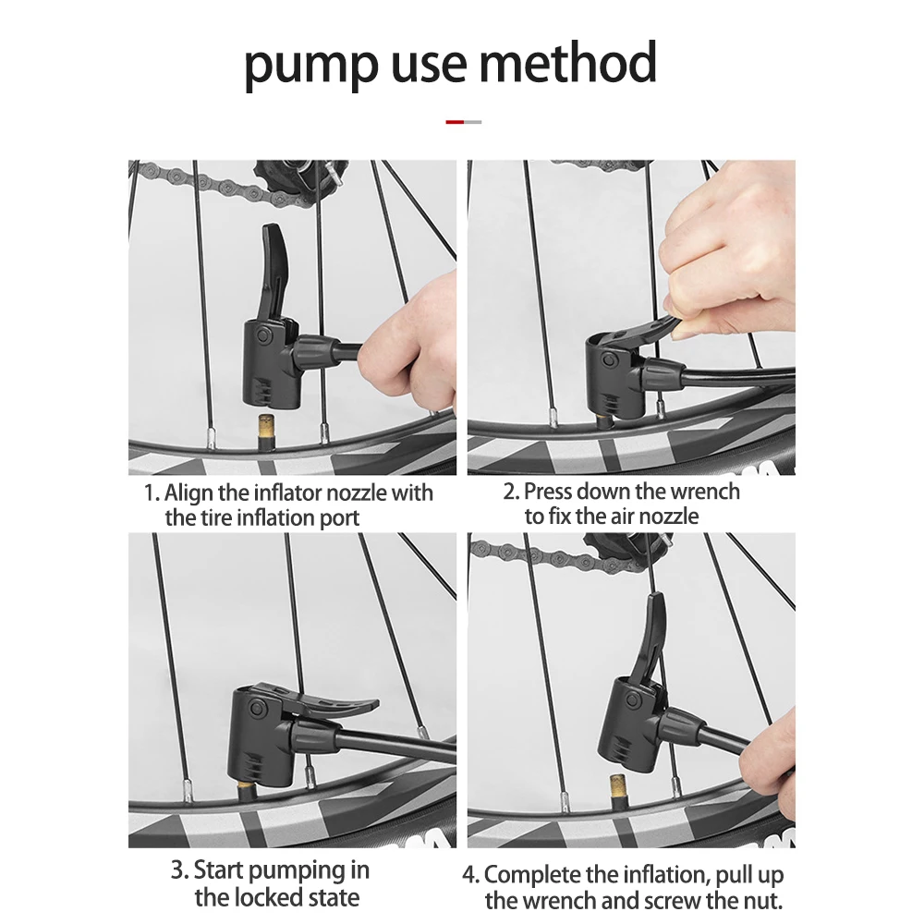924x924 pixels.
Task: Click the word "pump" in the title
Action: [x=311, y=65]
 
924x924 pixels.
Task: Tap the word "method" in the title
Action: [x=568, y=61]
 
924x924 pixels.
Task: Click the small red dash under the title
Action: [x=455, y=122]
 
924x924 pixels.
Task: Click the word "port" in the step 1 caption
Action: [x=339, y=518]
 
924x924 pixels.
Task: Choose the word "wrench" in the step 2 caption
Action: [x=705, y=492]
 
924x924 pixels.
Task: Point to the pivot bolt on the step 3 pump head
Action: [x=256, y=709]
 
